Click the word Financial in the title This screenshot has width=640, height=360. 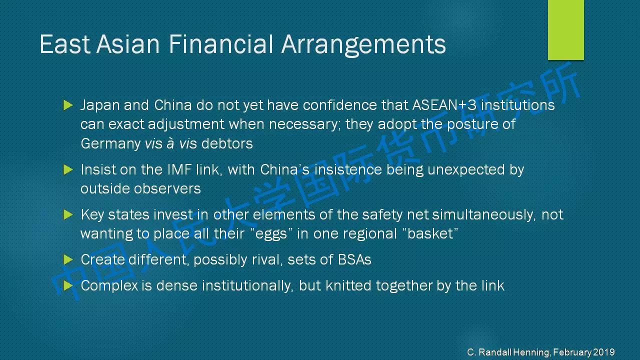220,44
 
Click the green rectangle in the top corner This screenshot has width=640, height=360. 565,29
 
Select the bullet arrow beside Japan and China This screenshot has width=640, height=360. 68,105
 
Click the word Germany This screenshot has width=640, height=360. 110,144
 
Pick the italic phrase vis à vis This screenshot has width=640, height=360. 171,143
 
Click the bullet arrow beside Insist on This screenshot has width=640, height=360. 68,169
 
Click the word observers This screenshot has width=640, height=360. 167,189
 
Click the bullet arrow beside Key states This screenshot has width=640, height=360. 68,214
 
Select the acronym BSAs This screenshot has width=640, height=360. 354,259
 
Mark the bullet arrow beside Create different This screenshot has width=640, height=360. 68,259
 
